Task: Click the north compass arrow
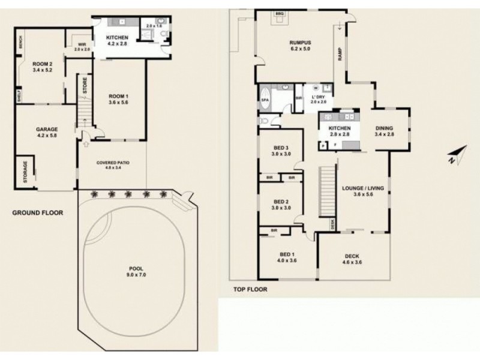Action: pos(456,155)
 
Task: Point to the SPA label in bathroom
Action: pos(265,101)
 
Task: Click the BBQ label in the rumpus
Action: pos(278,13)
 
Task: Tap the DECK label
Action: pos(352,256)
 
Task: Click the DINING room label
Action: pos(384,127)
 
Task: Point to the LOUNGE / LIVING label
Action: pos(359,188)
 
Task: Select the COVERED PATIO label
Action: pos(112,163)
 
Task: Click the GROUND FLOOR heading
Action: pos(37,212)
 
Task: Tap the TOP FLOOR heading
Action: pos(250,289)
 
